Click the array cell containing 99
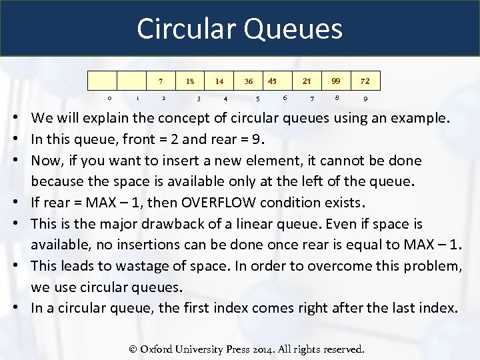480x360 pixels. coord(336,81)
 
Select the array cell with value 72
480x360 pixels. coord(365,81)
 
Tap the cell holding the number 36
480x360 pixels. coord(248,81)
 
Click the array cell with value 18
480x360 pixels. coord(190,81)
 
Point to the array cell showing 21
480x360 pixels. coord(307,81)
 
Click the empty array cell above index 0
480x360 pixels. coord(103,81)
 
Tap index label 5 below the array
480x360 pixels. coord(258,99)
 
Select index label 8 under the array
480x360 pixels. coord(337,98)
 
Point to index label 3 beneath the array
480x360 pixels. coord(199,99)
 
